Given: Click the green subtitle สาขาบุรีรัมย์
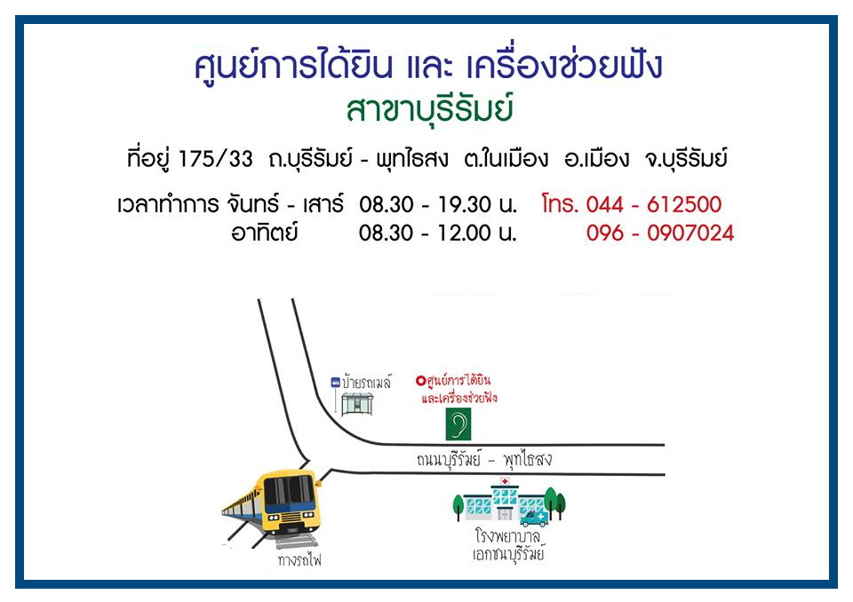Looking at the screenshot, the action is point(430,110).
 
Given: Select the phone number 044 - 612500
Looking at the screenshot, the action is point(653,204).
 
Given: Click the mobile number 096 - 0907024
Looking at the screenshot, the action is point(660,233).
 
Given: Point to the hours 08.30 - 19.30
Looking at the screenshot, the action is point(425,204).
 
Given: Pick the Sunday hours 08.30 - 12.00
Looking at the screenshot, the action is point(425,233).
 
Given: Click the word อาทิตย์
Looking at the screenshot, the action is point(265,233).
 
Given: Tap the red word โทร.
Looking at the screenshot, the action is point(560,204).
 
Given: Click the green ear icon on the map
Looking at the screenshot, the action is point(458,424).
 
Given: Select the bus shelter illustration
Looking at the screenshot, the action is point(357,404).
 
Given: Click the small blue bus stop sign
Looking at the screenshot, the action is point(336,383).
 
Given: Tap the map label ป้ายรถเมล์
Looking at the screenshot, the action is point(367,383).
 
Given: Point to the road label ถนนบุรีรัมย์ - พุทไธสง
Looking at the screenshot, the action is point(484,460).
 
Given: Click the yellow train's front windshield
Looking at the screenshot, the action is point(289,489).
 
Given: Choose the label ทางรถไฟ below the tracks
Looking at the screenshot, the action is point(299,560).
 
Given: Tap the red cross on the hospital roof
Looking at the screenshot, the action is point(505,481).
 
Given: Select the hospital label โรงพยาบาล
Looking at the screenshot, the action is point(507,536).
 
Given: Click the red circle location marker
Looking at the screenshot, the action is point(420,381).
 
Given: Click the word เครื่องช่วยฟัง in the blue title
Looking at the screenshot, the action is point(564,67).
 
